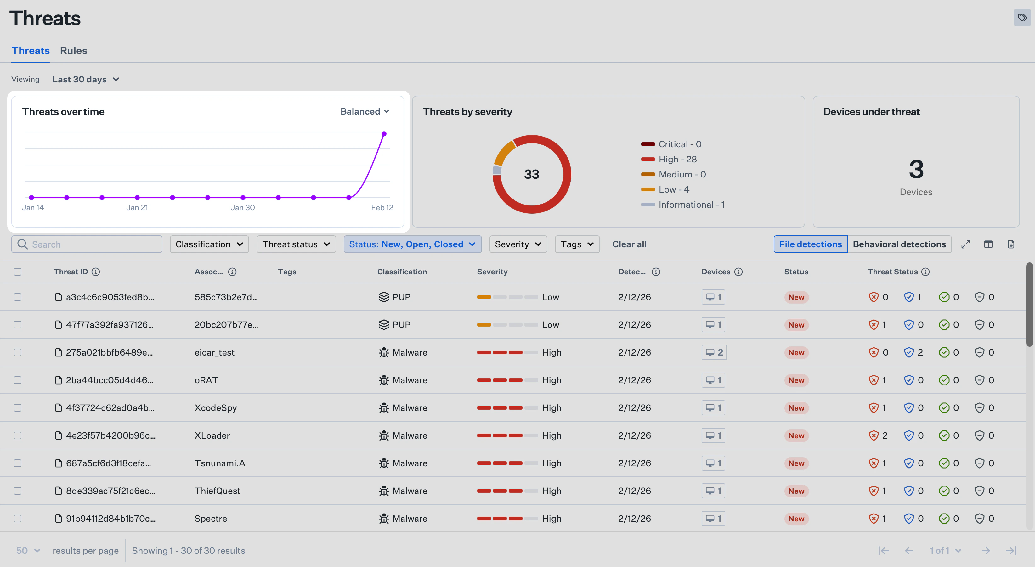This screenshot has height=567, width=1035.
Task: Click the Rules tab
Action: [74, 51]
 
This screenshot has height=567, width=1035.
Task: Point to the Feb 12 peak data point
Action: [384, 134]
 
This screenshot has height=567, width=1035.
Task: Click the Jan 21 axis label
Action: [137, 207]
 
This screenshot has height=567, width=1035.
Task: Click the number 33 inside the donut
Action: [531, 174]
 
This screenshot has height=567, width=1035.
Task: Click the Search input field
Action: [93, 244]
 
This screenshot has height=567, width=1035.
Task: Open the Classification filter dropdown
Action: [209, 244]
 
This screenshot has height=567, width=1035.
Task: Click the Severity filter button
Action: [518, 244]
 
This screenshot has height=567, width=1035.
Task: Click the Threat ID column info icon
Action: [96, 272]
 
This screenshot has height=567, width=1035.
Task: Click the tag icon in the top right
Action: [1022, 18]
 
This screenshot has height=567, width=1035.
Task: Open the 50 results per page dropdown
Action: [28, 551]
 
